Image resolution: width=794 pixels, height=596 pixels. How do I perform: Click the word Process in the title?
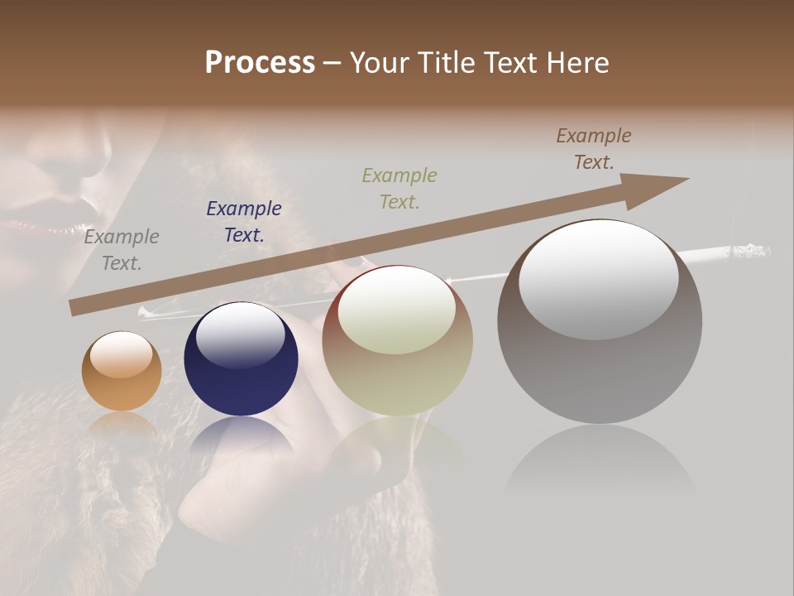coord(260,63)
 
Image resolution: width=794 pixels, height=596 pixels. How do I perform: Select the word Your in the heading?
coord(380,63)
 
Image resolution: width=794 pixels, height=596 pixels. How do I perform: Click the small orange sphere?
coord(122,371)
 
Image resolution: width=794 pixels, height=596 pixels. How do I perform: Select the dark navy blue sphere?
coord(241,359)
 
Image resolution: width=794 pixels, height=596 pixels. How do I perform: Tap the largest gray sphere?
coord(600,323)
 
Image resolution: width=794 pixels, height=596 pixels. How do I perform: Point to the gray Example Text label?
coord(122,250)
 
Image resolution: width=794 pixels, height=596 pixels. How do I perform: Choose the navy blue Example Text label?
coord(244,222)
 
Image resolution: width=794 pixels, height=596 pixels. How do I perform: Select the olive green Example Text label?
coord(399,188)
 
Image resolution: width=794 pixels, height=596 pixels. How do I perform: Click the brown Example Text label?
coord(594,149)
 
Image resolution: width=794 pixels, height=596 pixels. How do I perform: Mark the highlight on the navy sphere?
coord(241,334)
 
